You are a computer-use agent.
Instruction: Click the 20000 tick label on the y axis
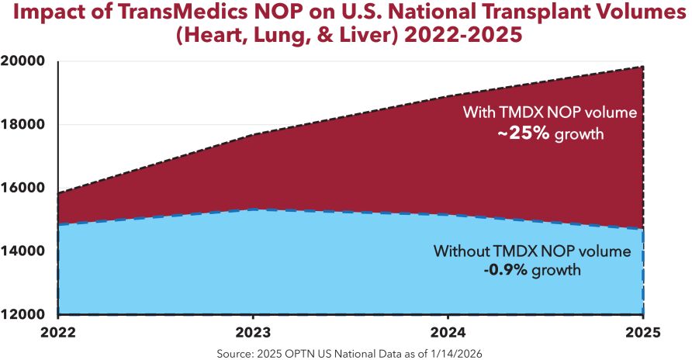click(x=23, y=61)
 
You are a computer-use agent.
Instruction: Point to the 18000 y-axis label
click(x=23, y=124)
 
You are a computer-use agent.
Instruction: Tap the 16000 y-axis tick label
click(x=23, y=188)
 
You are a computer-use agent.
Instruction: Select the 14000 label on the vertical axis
click(x=23, y=251)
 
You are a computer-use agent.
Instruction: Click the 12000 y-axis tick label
click(x=23, y=314)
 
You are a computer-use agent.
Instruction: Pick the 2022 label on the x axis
click(x=58, y=332)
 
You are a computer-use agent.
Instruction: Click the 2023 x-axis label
click(x=253, y=332)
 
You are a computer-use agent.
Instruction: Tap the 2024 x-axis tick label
click(x=448, y=332)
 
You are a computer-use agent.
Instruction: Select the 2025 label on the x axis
click(x=642, y=332)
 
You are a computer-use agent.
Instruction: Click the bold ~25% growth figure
click(x=524, y=133)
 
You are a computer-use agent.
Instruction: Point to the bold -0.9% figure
click(x=505, y=269)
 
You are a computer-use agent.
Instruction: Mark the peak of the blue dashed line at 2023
click(x=253, y=209)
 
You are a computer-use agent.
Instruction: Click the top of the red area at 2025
click(x=643, y=67)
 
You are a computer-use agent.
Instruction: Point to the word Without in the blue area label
click(x=461, y=251)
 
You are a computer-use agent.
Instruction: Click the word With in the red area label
click(x=479, y=112)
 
